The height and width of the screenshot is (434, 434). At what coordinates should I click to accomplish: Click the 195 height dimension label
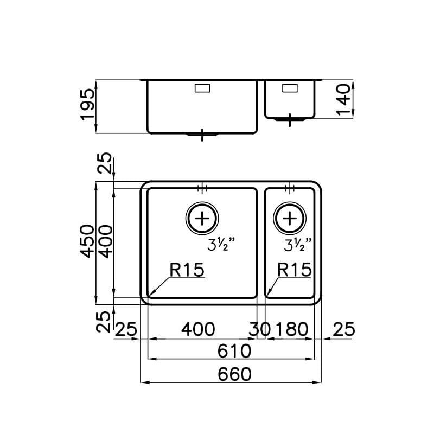click(87, 106)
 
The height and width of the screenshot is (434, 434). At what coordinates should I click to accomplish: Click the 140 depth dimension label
click(345, 99)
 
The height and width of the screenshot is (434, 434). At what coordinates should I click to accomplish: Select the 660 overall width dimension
click(235, 374)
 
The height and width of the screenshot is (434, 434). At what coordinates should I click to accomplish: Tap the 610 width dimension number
click(235, 351)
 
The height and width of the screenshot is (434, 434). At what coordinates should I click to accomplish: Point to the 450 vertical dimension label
click(87, 242)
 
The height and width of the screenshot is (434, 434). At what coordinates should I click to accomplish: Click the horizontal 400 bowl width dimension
click(197, 329)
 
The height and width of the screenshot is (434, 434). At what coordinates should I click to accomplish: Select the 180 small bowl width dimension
click(292, 329)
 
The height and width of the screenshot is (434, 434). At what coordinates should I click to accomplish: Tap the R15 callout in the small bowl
click(295, 270)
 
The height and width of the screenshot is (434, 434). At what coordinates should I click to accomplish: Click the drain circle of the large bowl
click(202, 218)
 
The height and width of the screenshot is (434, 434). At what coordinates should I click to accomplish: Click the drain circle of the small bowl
click(290, 218)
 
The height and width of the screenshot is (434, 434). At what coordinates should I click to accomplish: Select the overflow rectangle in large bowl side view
click(203, 87)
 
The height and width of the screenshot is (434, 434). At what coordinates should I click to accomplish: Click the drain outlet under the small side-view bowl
click(290, 119)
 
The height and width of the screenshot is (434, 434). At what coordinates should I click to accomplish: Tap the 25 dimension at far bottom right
click(344, 329)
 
